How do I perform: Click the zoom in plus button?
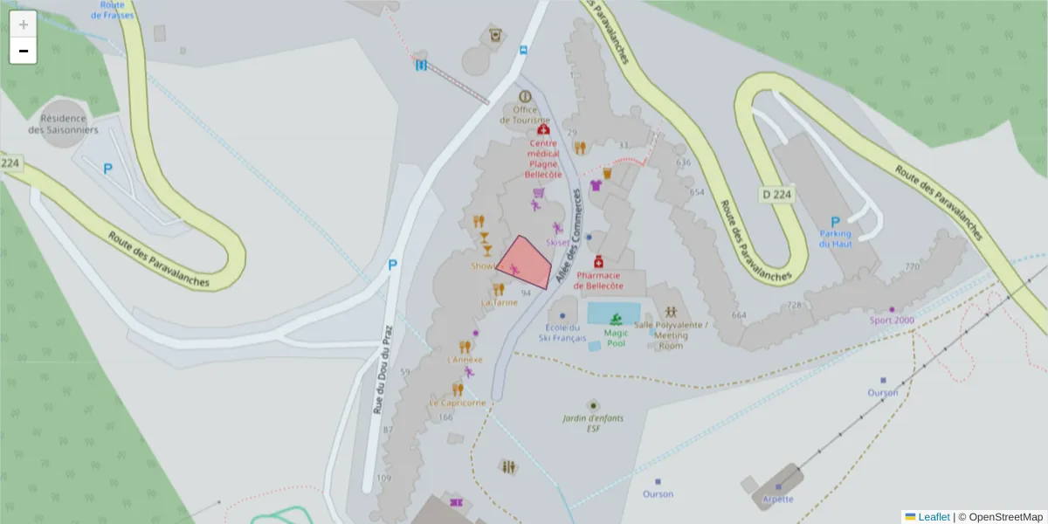click(24, 24)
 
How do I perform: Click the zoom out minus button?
click(24, 51)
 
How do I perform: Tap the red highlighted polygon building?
click(524, 262)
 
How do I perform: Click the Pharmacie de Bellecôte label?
click(598, 280)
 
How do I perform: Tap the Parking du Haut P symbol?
click(834, 222)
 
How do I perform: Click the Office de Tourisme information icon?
click(525, 97)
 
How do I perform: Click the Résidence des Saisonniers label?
click(63, 124)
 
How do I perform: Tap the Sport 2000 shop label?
click(892, 320)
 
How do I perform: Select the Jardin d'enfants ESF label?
click(594, 423)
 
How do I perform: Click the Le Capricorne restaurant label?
click(457, 403)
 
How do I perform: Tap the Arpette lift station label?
click(777, 499)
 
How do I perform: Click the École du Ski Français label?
click(562, 333)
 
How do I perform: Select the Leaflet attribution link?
click(934, 517)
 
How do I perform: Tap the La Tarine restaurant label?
click(499, 302)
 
